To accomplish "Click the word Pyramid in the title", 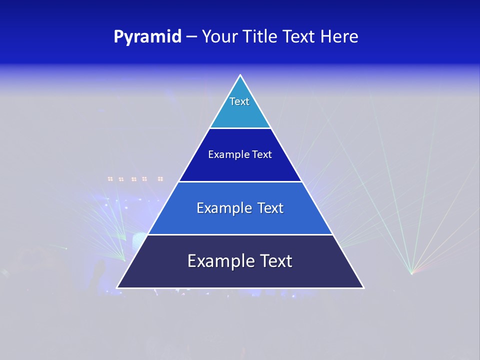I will [x=147, y=37].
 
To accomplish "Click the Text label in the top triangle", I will [x=239, y=101].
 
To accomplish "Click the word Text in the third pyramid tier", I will [x=270, y=208].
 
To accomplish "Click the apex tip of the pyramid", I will [x=240, y=75].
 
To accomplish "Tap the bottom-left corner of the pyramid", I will [x=117, y=287].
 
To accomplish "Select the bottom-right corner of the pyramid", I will [x=363, y=287].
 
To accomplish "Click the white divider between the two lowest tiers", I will [x=240, y=234].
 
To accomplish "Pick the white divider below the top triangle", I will [x=240, y=128].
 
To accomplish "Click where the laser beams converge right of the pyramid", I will [x=411, y=273].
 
